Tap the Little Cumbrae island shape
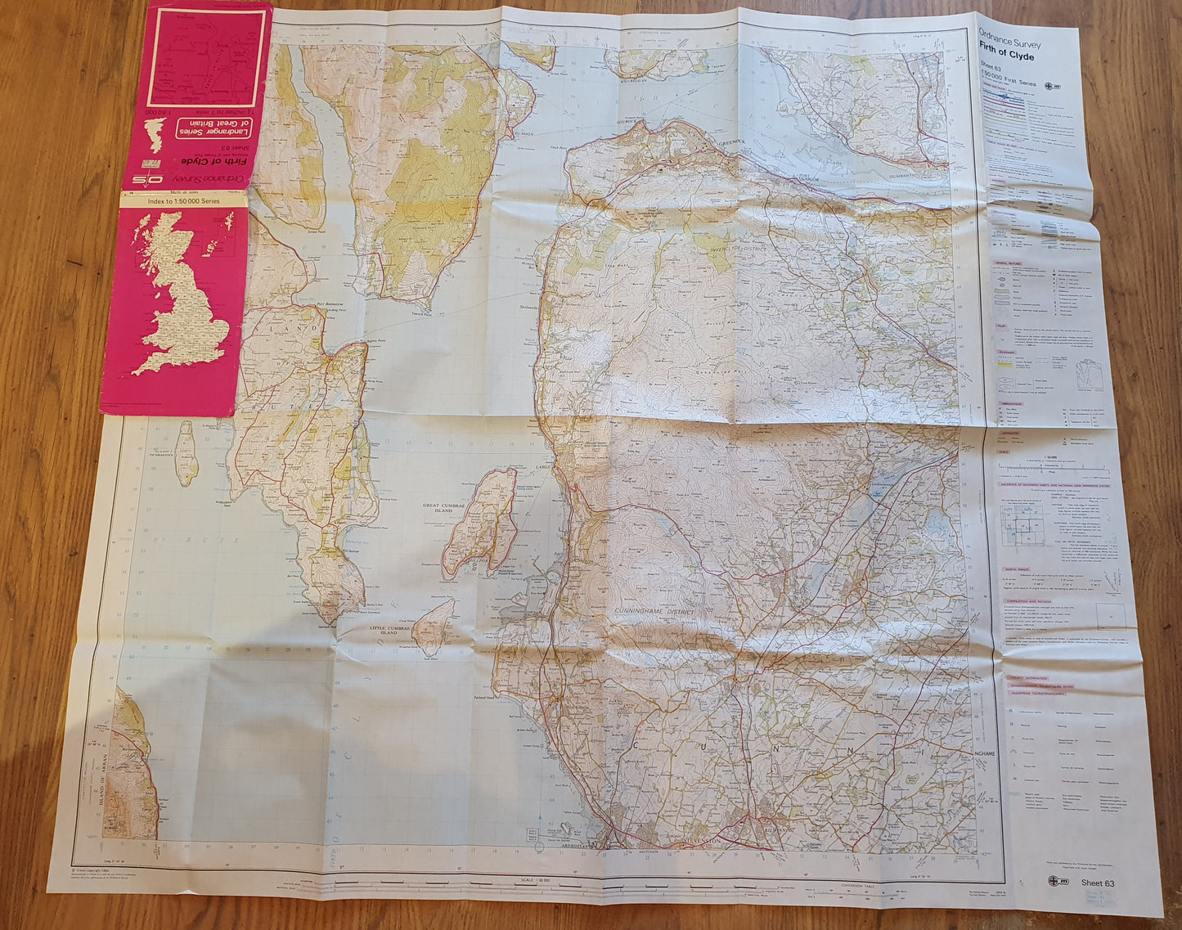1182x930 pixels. [434, 626]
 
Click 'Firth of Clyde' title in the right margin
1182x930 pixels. [1006, 56]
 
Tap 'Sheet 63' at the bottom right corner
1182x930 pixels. [1098, 883]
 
